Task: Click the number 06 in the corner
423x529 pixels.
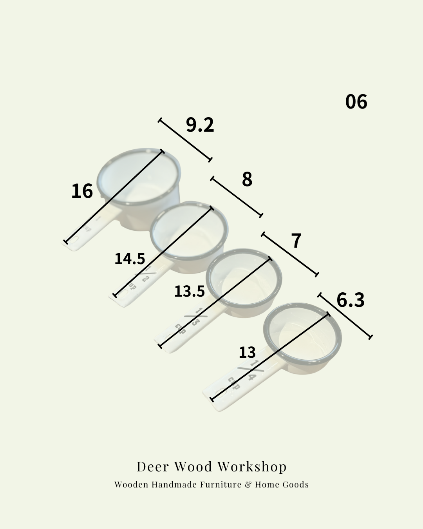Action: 356,101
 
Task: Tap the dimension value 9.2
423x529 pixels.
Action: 200,125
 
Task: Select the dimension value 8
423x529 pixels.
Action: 247,179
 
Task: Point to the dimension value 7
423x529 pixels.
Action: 296,240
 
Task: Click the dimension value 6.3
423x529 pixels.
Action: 350,300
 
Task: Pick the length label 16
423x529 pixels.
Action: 82,191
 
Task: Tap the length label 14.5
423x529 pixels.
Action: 130,259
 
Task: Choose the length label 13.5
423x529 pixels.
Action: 189,291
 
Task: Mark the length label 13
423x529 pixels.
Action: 247,352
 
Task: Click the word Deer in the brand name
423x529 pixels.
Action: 153,466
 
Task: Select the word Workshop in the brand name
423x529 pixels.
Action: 252,466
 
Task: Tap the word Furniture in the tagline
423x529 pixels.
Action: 221,485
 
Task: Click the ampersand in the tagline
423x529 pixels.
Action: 248,485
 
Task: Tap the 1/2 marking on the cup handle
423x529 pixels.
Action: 144,274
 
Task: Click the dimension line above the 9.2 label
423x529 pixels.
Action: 185,139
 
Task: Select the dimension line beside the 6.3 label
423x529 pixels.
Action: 345,315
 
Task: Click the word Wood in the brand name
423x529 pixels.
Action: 193,466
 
